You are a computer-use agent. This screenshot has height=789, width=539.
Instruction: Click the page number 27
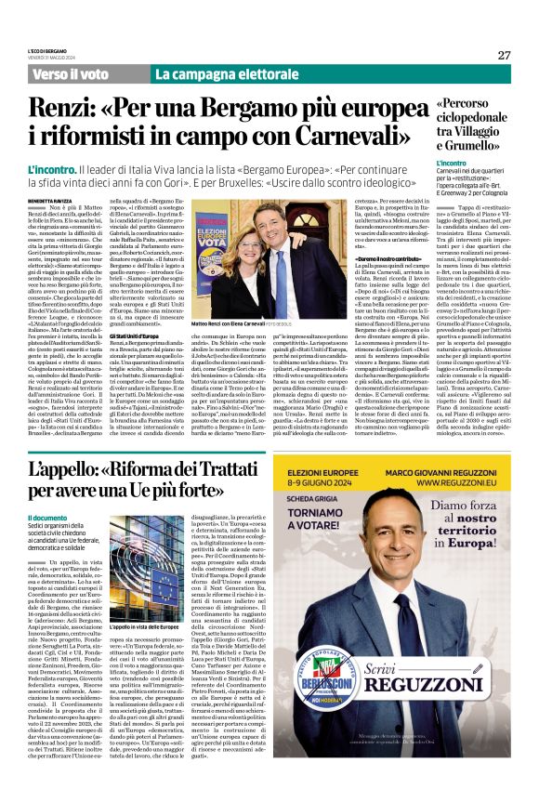click(504, 55)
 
